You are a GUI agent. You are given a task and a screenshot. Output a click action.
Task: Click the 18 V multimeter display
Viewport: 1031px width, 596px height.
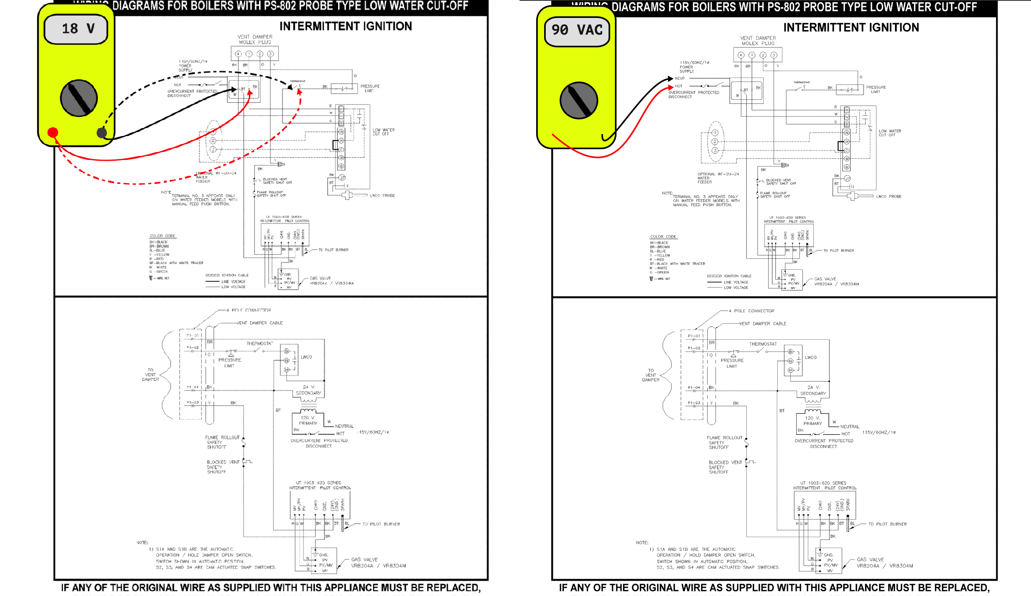(x=76, y=29)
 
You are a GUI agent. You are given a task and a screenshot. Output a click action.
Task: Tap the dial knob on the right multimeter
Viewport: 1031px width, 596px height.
(x=578, y=101)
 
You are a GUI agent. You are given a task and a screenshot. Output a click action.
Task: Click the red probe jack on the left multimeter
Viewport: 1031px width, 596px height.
(x=53, y=132)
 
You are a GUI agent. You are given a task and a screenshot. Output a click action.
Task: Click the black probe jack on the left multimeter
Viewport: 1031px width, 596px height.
(x=102, y=132)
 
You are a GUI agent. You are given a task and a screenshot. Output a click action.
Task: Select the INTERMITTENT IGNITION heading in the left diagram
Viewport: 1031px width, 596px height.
(x=346, y=26)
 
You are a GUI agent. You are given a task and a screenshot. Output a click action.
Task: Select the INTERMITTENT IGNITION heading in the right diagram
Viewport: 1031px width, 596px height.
(x=851, y=27)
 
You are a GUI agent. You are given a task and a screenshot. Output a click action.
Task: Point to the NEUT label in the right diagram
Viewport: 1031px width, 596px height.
(x=680, y=78)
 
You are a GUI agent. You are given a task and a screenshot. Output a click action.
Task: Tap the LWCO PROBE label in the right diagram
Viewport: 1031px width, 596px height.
(x=889, y=197)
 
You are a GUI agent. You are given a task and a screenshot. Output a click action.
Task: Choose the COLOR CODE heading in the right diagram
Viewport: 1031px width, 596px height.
(x=663, y=237)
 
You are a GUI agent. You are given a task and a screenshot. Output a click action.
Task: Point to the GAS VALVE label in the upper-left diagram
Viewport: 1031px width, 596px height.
(x=320, y=279)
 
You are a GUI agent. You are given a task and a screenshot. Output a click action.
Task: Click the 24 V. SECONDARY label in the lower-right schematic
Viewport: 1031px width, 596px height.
(x=813, y=390)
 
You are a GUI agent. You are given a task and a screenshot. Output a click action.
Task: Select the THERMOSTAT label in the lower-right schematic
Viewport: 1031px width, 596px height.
(x=763, y=344)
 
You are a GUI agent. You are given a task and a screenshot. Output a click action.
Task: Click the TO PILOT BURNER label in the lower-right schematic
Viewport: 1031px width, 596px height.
(x=887, y=524)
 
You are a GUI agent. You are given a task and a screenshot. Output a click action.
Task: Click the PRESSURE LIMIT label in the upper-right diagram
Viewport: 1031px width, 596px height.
(x=876, y=89)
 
